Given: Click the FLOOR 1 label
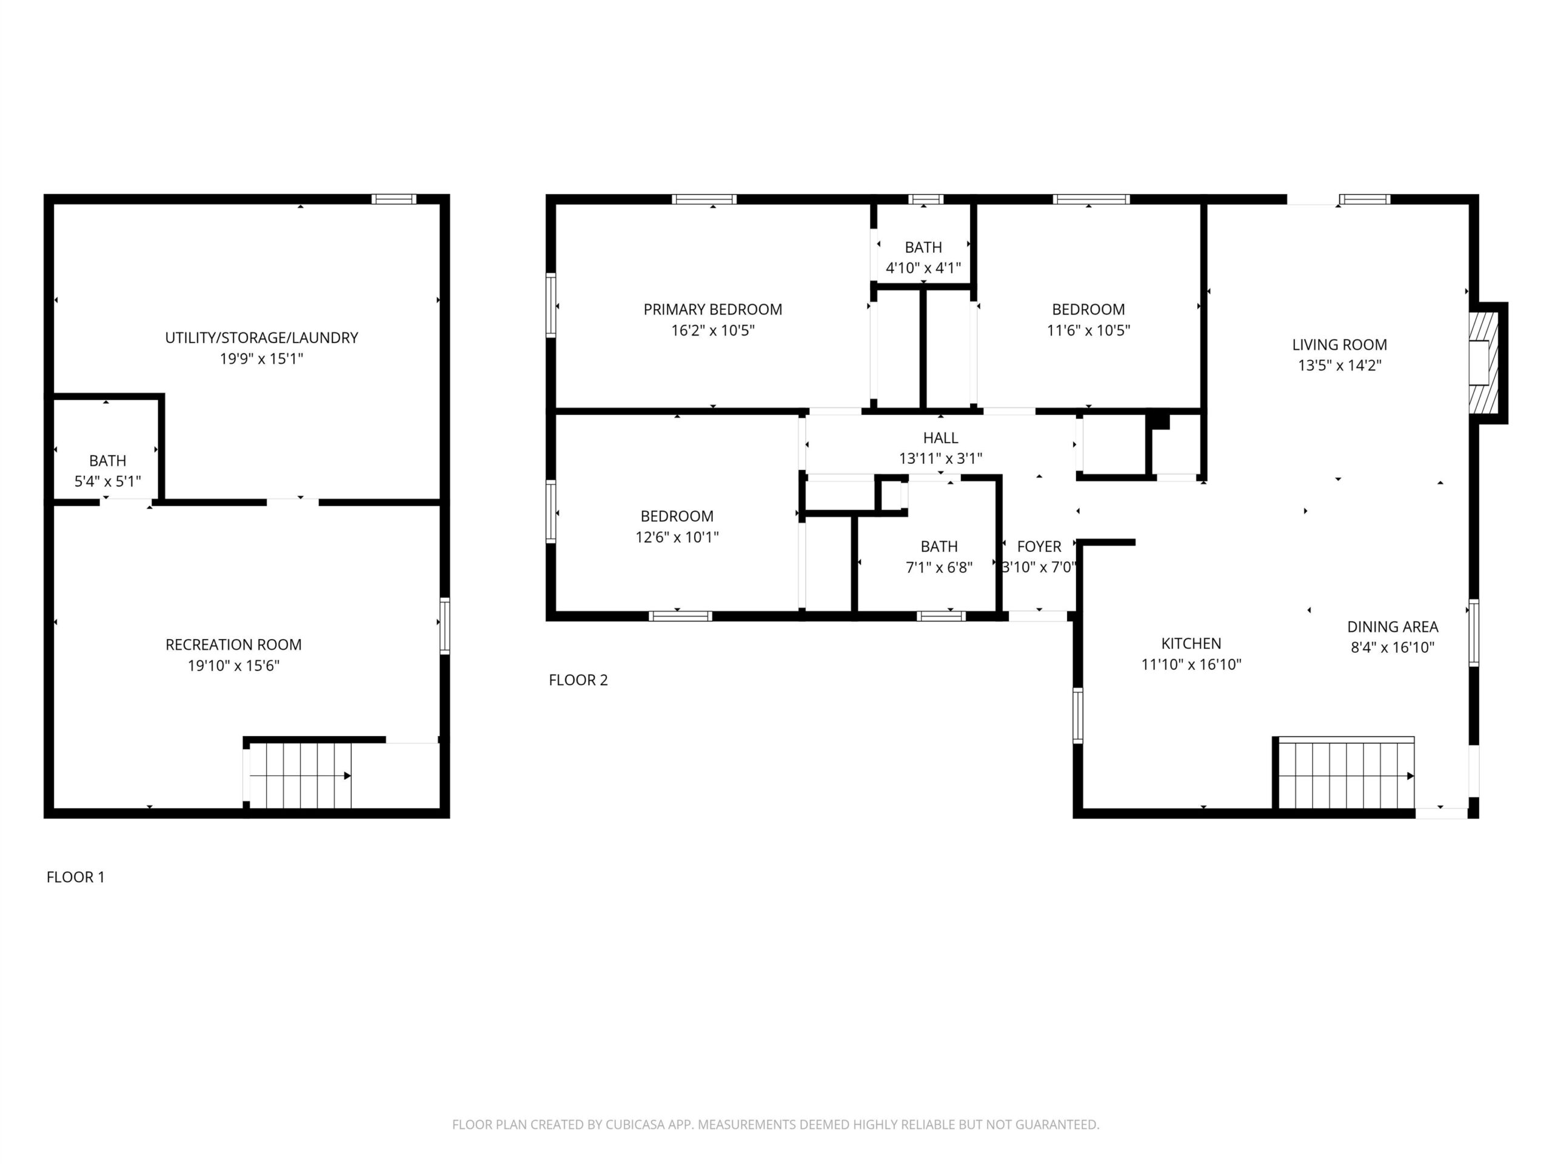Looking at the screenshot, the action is [75, 877].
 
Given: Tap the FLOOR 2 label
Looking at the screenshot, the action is [578, 680].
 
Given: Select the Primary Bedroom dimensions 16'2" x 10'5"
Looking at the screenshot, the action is [712, 330].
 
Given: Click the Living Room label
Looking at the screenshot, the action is [1339, 344].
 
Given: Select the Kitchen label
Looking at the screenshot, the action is [1191, 643].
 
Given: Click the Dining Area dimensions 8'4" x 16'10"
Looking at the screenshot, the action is [1392, 647].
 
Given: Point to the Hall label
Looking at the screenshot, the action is [940, 438].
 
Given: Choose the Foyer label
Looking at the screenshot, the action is [1039, 547].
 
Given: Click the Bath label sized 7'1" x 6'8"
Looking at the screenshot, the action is [938, 547].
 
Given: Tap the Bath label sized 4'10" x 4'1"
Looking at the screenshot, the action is [923, 248].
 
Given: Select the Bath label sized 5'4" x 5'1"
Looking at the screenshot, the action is [107, 461].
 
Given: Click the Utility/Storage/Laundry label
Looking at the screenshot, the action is [261, 338].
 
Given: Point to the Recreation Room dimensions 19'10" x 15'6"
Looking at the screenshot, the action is [233, 665].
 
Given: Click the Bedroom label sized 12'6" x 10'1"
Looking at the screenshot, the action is [677, 517].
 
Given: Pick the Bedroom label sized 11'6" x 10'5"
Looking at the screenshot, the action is [1088, 309].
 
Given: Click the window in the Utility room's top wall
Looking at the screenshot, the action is [393, 199].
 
